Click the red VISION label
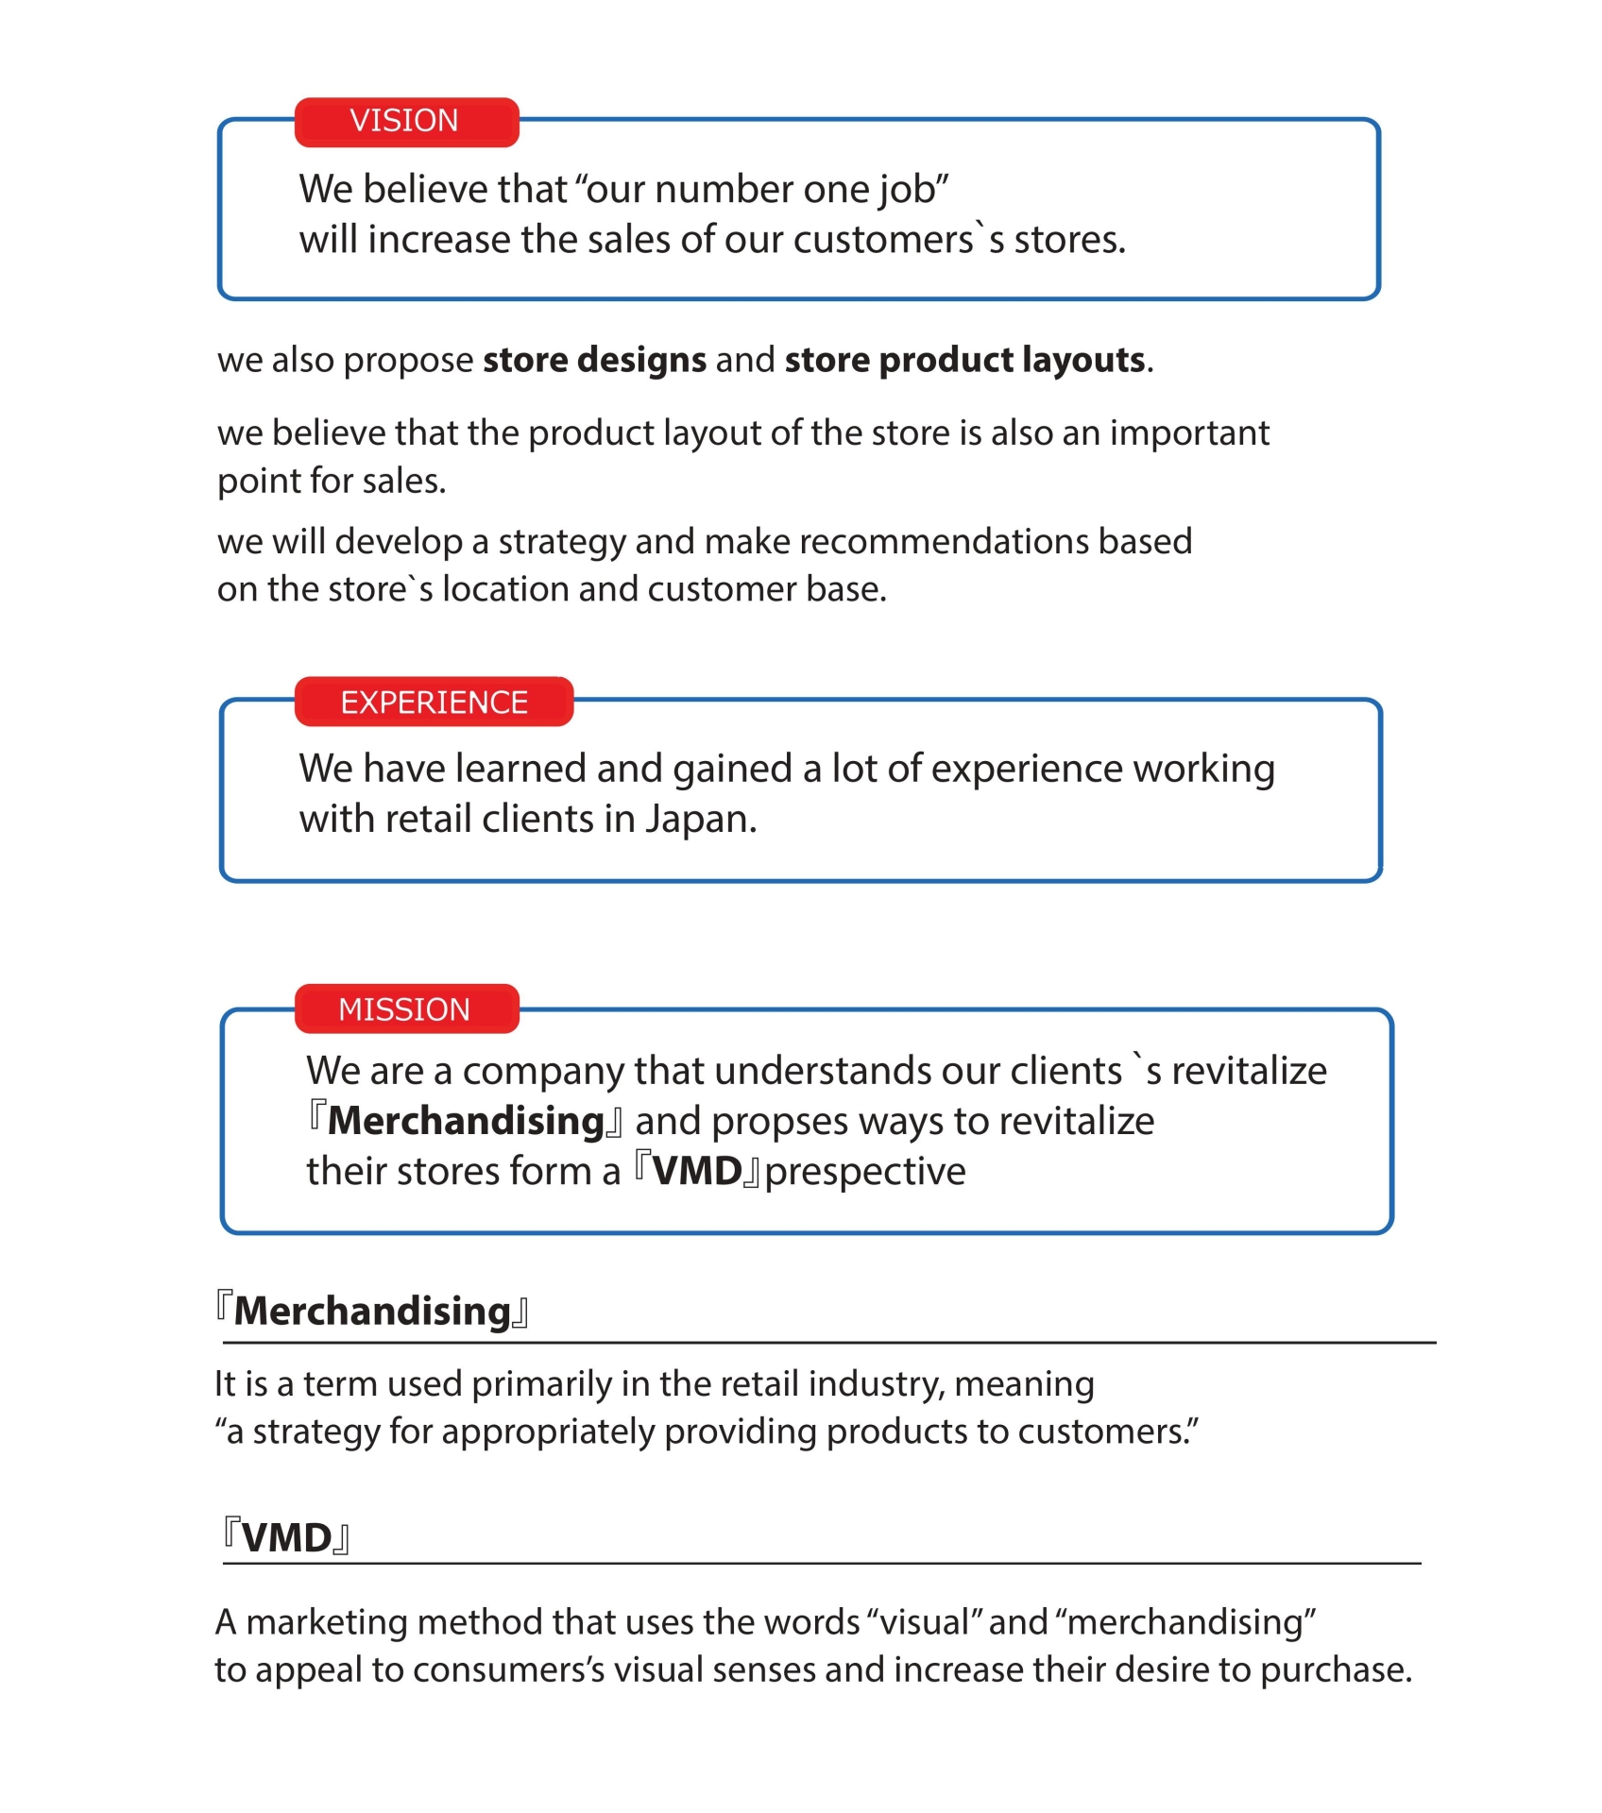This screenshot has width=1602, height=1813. click(406, 122)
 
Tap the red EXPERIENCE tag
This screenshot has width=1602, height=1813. click(434, 703)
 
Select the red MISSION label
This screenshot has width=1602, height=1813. click(406, 1009)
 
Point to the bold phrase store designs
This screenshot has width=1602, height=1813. click(594, 361)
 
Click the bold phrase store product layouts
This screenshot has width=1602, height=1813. click(964, 361)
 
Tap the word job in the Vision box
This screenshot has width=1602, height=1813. click(903, 191)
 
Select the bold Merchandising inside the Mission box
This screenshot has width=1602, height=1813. click(466, 1122)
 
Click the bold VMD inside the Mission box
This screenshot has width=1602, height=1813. click(697, 1172)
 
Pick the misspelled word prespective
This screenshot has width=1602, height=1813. click(865, 1172)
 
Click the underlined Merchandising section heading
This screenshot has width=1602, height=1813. click(372, 1312)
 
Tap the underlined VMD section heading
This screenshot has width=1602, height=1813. click(286, 1538)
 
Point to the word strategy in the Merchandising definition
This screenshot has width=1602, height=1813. click(315, 1432)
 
